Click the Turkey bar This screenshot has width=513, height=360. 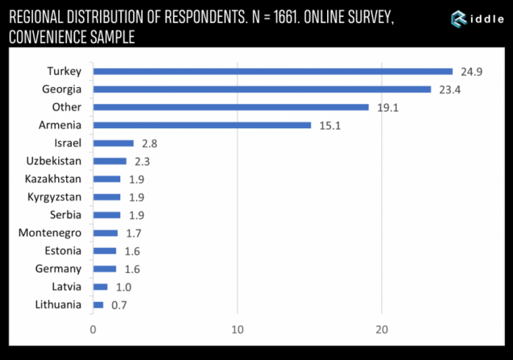pyautogui.click(x=272, y=72)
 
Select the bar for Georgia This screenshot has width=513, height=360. pyautogui.click(x=262, y=89)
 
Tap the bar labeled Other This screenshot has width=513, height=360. pyautogui.click(x=231, y=107)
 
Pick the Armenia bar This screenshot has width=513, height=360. pyautogui.click(x=202, y=125)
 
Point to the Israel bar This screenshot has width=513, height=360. pyautogui.click(x=113, y=144)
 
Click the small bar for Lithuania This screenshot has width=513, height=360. pyautogui.click(x=98, y=305)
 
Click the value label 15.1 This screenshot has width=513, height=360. pyautogui.click(x=329, y=126)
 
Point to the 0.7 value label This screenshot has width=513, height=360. pyautogui.click(x=119, y=305)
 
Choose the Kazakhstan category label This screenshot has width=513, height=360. pyautogui.click(x=53, y=179)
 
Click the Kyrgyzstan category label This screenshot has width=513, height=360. pyautogui.click(x=54, y=197)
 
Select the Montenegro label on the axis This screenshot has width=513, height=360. pyautogui.click(x=50, y=233)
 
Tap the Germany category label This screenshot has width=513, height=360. pyautogui.click(x=58, y=269)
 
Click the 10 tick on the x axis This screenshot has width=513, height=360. pyautogui.click(x=237, y=330)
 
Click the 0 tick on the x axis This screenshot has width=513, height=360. pyautogui.click(x=93, y=330)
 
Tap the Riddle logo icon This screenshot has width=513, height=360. pyautogui.click(x=459, y=18)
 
